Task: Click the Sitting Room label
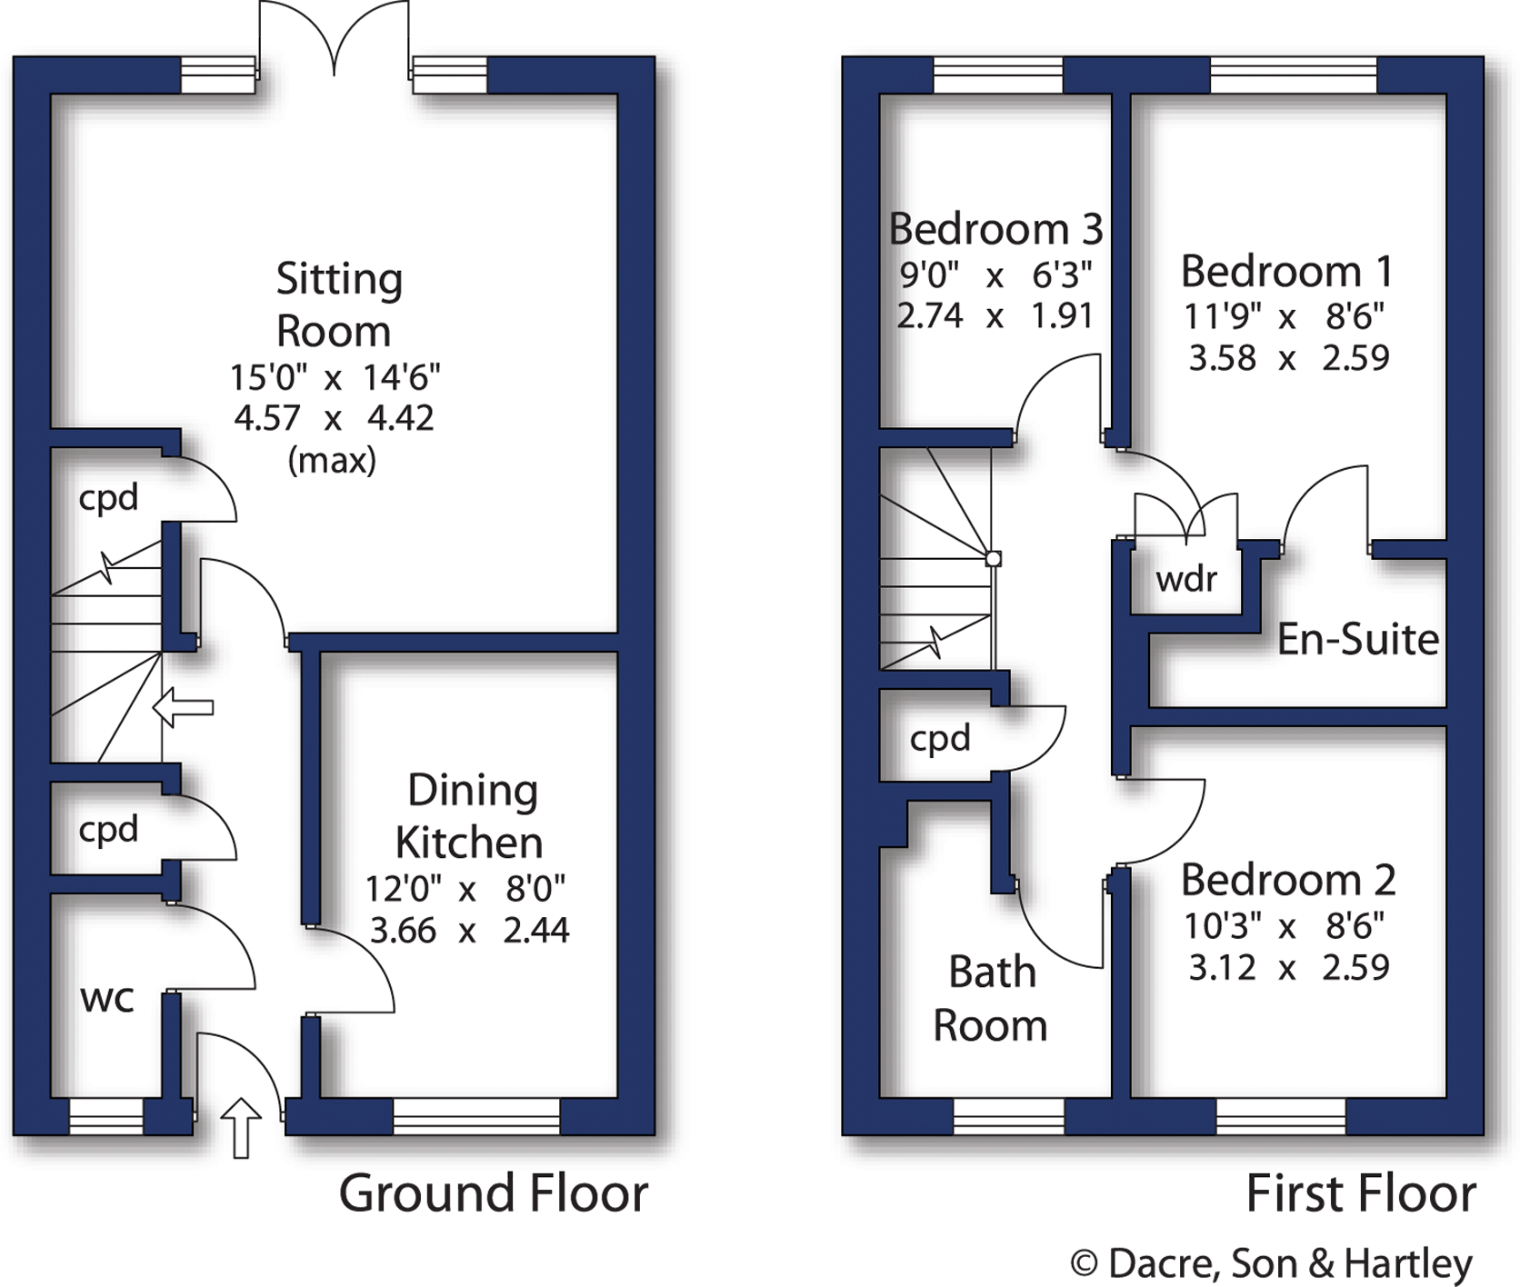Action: pos(336,304)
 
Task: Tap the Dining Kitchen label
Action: pos(470,816)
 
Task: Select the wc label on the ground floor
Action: pos(107,998)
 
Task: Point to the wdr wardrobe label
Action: pos(1185,578)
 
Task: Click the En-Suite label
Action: pos(1357,639)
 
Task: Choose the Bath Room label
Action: pos(990,998)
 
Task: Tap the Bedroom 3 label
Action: pos(995,228)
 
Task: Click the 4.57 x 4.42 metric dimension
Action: pos(334,418)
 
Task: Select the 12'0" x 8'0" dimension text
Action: pos(465,888)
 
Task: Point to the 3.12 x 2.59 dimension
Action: pos(1288,967)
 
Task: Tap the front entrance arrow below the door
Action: pos(241,1127)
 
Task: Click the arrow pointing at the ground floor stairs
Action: pos(183,707)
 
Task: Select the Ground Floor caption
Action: pos(494,1193)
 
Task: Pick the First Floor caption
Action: pos(1360,1193)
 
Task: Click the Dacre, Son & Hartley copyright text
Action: pos(1271,1262)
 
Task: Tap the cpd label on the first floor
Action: pos(940,738)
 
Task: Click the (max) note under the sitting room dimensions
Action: pos(332,461)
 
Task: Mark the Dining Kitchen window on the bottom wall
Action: pos(476,1116)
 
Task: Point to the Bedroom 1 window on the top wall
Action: pos(1293,75)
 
